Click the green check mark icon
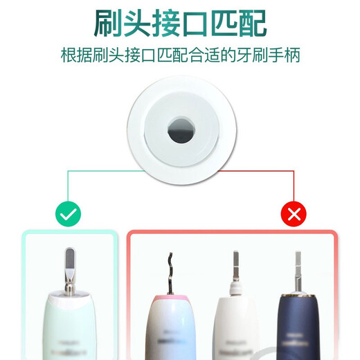(x=68, y=215)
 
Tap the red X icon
(x=294, y=215)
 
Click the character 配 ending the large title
(x=249, y=24)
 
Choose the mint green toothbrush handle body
(x=68, y=329)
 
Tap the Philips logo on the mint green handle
(x=68, y=345)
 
